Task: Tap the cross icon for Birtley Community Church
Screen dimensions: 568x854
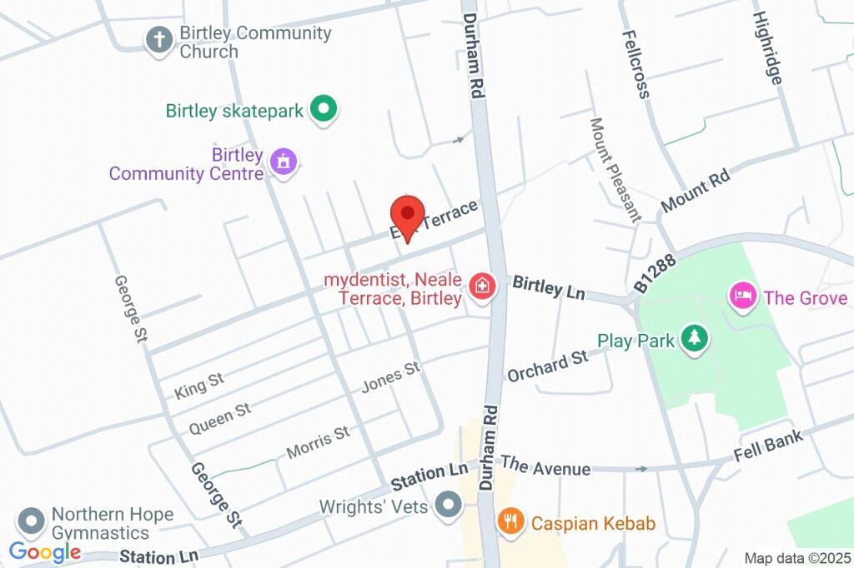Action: coord(158,40)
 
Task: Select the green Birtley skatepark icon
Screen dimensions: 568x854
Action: coord(323,109)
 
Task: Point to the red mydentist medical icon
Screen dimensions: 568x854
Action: coord(481,288)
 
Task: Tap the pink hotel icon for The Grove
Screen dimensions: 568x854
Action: coord(742,296)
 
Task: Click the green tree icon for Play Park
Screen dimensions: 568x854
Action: coord(694,338)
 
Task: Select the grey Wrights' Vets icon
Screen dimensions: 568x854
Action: coord(450,505)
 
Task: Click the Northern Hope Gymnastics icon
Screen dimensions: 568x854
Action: coord(32,522)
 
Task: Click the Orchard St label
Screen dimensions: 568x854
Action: coord(547,365)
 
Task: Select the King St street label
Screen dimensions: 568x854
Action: coord(199,385)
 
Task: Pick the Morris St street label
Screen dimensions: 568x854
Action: coord(318,442)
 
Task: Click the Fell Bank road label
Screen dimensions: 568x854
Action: coord(767,446)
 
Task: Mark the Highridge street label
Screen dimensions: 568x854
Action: coord(767,47)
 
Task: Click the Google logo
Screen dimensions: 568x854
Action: coord(45,551)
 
